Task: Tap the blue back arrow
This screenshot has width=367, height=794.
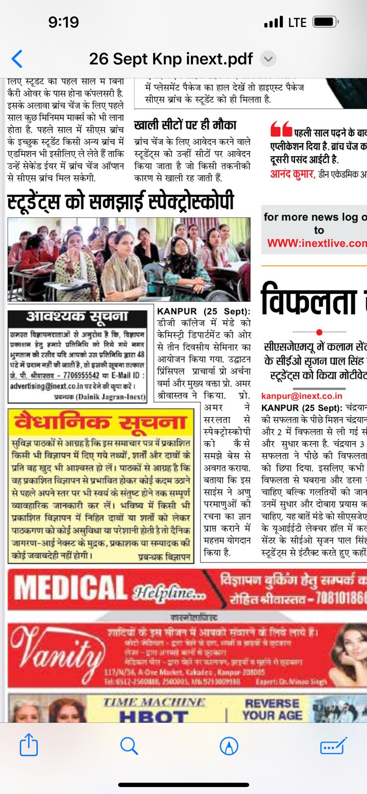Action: coord(17,59)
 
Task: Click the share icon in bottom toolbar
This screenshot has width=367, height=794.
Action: coord(29,745)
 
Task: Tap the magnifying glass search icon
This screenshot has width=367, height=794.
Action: coord(129,745)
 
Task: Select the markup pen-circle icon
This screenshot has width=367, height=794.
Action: coord(229,745)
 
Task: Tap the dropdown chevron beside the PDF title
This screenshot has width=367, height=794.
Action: coord(268,59)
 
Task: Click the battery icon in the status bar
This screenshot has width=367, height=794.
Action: coord(325,22)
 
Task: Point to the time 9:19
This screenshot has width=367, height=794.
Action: coord(63,22)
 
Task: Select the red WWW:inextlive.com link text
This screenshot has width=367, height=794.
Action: coord(316,243)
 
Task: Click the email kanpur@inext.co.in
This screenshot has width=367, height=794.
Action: coord(302,396)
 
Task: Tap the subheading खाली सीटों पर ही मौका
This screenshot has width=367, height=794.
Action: coord(185,125)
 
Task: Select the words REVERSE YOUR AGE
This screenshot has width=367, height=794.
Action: coord(272,710)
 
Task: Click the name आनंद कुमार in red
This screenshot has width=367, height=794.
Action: coord(292,174)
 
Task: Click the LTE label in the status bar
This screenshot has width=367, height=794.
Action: coord(297,22)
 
